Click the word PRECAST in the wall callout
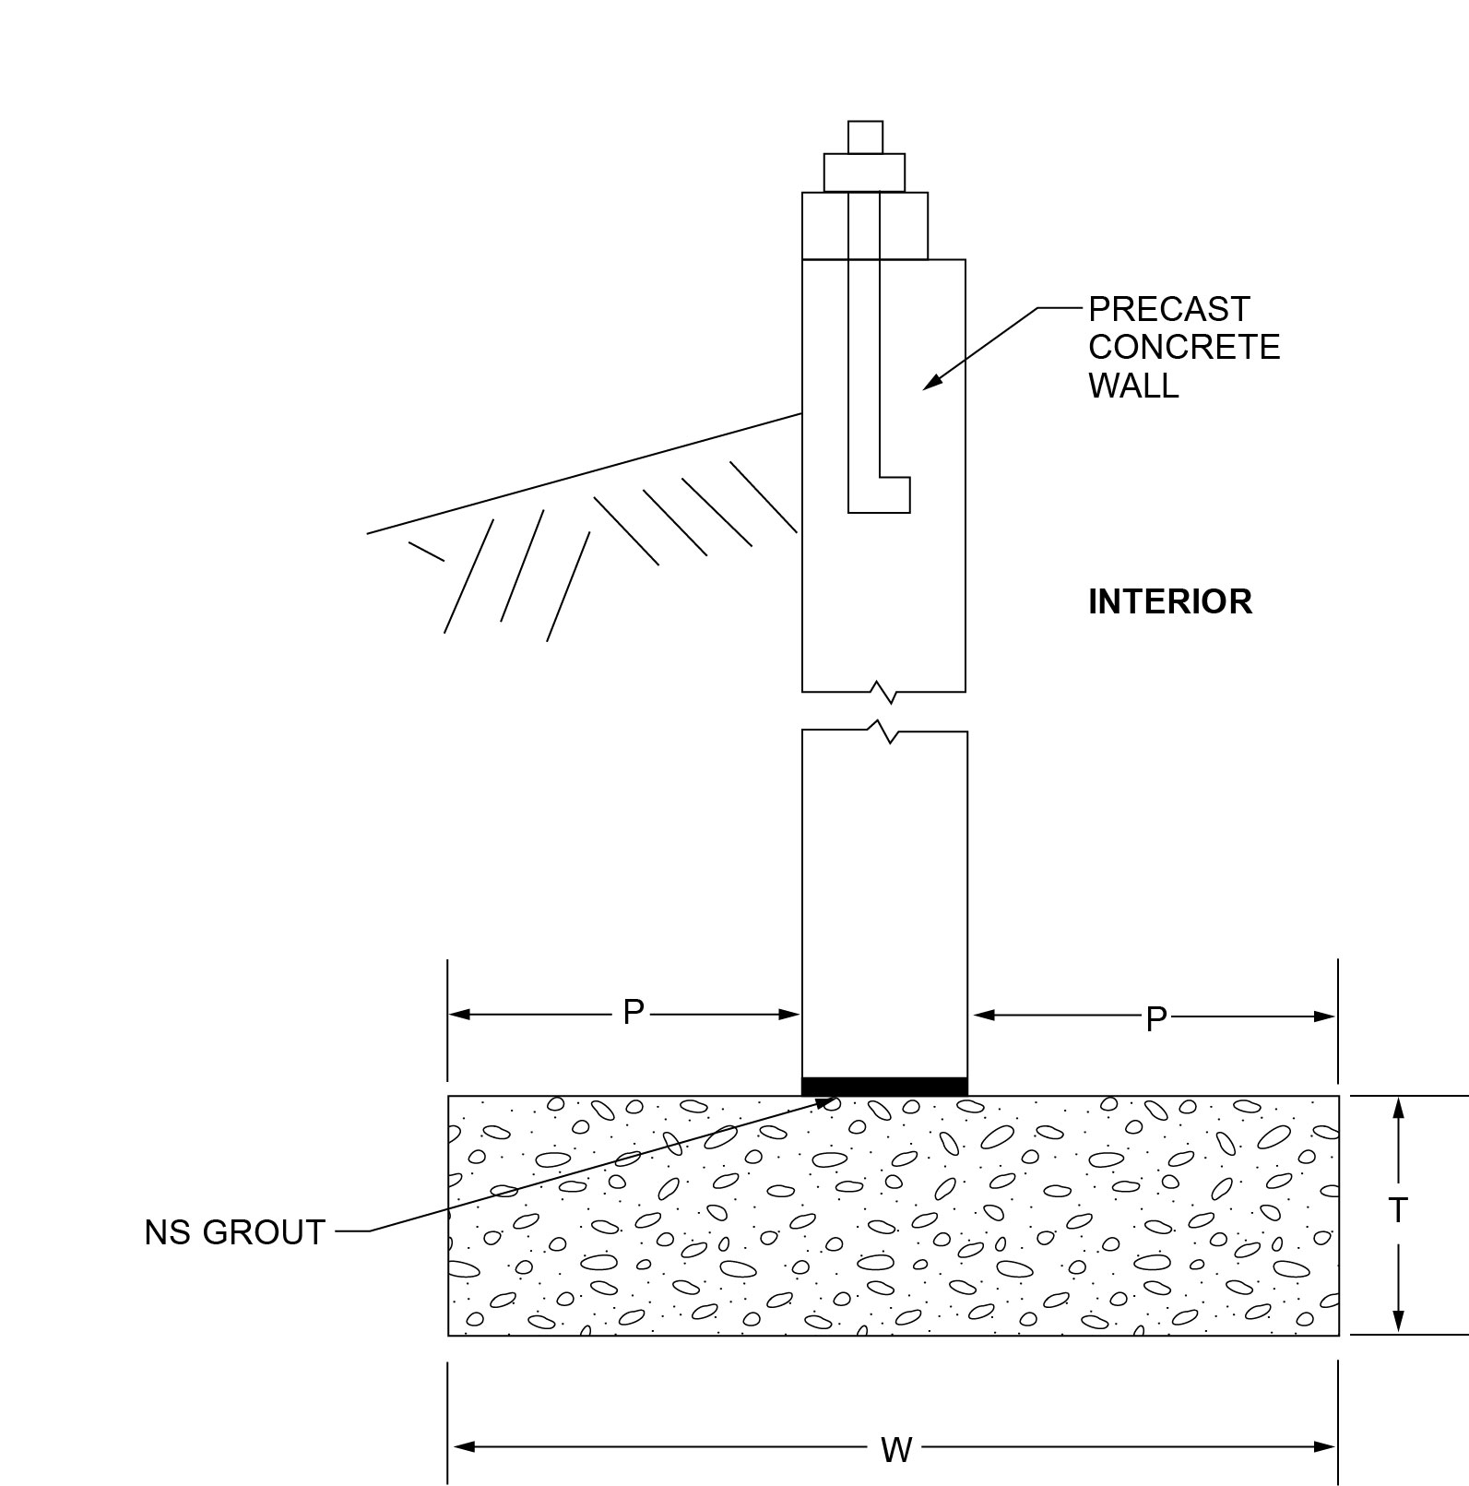1168,308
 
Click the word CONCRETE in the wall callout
1184,347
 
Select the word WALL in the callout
1133,386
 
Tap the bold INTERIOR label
1169,601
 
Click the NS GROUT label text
234,1232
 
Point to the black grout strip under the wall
884,1086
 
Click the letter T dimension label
1398,1210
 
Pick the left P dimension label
633,1013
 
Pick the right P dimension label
1155,1019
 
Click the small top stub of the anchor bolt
865,137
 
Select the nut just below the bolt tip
864,172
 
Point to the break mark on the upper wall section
883,691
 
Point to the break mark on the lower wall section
883,731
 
